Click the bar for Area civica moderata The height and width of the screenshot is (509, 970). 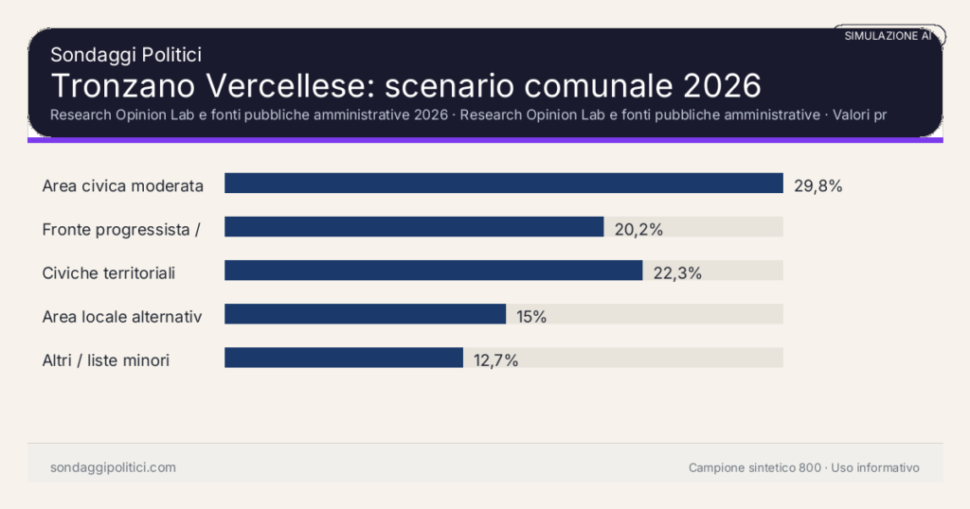coord(503,184)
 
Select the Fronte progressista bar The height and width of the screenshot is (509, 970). coord(414,227)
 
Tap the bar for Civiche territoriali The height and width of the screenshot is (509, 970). coord(433,271)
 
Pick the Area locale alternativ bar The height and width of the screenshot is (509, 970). coord(365,314)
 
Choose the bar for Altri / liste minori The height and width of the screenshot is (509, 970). coord(344,358)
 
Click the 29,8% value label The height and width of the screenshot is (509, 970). coord(817,185)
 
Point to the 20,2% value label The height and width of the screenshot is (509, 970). coord(638,229)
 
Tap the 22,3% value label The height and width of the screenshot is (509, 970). coord(677,272)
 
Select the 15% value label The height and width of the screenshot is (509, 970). coord(531,316)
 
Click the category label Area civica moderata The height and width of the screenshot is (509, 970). coord(123,185)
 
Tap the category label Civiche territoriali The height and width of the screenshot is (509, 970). coord(109,272)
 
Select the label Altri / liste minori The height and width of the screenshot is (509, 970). coord(106,360)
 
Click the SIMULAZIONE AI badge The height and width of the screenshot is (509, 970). coord(888,35)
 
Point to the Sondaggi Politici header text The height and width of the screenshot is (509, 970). coord(126,55)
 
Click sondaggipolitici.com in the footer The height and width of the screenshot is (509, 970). coord(113,467)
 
